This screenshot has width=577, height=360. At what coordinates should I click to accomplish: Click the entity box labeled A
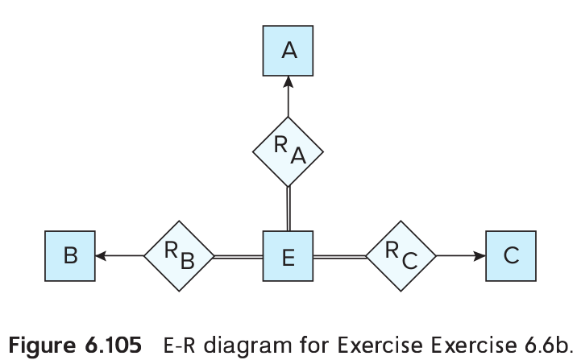pyautogui.click(x=288, y=51)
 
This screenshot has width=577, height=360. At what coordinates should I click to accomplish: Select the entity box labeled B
pyautogui.click(x=70, y=256)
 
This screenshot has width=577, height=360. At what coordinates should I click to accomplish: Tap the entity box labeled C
pyautogui.click(x=510, y=256)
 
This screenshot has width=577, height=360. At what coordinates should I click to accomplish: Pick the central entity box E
pyautogui.click(x=288, y=256)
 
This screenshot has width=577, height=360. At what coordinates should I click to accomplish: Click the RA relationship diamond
pyautogui.click(x=288, y=151)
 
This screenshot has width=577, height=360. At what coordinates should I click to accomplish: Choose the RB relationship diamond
pyautogui.click(x=179, y=256)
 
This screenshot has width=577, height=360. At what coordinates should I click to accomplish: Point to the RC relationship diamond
pyautogui.click(x=401, y=256)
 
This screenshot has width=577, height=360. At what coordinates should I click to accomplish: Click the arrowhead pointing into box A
pyautogui.click(x=288, y=82)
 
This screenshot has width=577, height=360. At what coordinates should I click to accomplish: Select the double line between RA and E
pyautogui.click(x=288, y=207)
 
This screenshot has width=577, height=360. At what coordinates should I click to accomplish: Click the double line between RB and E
pyautogui.click(x=239, y=256)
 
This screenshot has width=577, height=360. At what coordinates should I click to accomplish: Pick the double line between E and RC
pyautogui.click(x=339, y=256)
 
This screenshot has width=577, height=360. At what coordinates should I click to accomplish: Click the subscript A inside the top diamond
pyautogui.click(x=297, y=156)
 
